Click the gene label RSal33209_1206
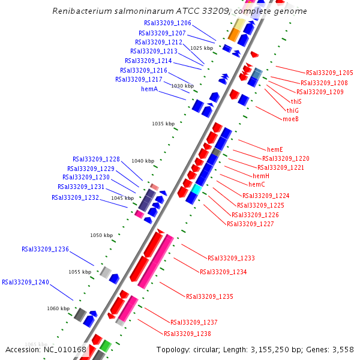pyautogui.click(x=167, y=23)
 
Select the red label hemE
pyautogui.click(x=275, y=149)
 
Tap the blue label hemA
pyautogui.click(x=149, y=89)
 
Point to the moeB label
pyautogui.click(x=290, y=119)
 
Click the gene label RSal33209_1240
pyautogui.click(x=25, y=281)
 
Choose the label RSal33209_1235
pyautogui.click(x=209, y=296)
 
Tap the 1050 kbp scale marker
pyautogui.click(x=101, y=235)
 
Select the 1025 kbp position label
pyautogui.click(x=202, y=48)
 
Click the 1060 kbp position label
pyautogui.click(x=58, y=308)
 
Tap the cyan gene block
pyautogui.click(x=196, y=188)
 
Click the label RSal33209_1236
pyautogui.click(x=45, y=249)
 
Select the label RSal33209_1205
pyautogui.click(x=329, y=73)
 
